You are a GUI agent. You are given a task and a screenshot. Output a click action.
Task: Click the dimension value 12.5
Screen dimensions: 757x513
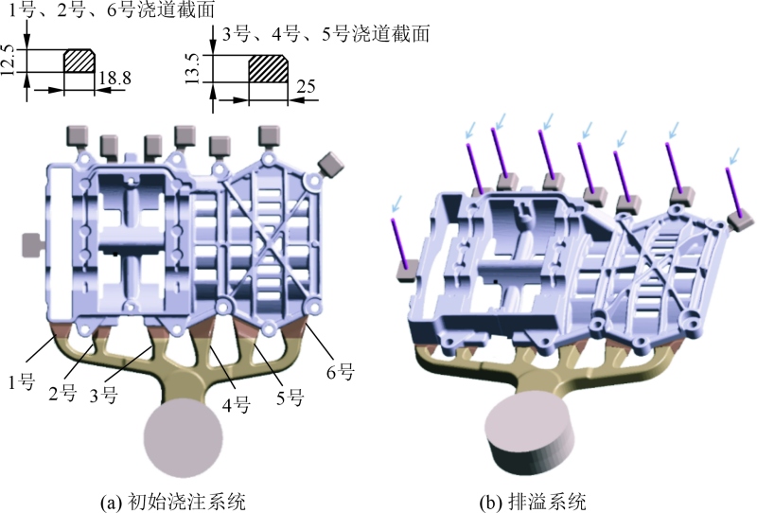click(9, 61)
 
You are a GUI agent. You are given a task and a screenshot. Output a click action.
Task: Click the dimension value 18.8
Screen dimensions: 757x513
click(114, 78)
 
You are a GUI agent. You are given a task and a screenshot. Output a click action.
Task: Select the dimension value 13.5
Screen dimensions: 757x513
click(193, 68)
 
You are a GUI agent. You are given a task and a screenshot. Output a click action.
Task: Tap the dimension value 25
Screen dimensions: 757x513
click(306, 87)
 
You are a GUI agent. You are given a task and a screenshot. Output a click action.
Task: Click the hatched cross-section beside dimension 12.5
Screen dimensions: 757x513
click(79, 61)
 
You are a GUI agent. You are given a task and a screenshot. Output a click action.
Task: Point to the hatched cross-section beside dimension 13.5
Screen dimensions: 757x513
click(269, 68)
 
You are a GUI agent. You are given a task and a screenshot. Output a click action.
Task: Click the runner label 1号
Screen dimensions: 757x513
click(21, 381)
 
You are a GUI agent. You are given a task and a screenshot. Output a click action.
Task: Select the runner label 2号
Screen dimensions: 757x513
click(62, 393)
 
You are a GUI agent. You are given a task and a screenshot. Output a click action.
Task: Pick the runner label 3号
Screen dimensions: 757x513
click(103, 395)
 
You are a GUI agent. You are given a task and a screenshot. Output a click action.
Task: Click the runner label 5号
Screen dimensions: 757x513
click(290, 398)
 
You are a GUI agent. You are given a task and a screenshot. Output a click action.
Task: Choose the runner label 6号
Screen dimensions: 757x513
click(341, 372)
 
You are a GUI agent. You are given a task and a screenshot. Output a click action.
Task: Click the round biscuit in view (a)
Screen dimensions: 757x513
click(184, 437)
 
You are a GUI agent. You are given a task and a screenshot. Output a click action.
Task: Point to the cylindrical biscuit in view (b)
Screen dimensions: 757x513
click(530, 433)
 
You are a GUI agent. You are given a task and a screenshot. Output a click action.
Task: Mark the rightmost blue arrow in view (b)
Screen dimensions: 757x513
click(733, 157)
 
